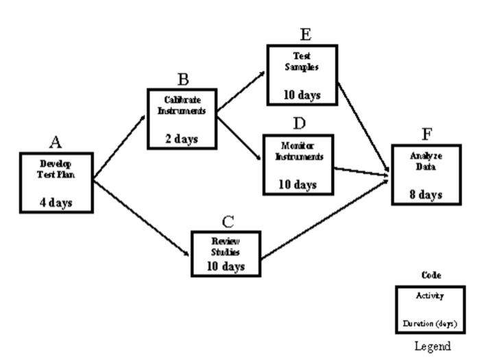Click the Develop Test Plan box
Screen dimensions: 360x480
pyautogui.click(x=56, y=182)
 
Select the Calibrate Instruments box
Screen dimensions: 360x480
pyautogui.click(x=182, y=119)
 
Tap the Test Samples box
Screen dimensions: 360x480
pyautogui.click(x=302, y=75)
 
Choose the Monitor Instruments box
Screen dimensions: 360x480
pyautogui.click(x=298, y=165)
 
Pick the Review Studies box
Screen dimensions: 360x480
pyautogui.click(x=226, y=253)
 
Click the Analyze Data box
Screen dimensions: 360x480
pyautogui.click(x=425, y=174)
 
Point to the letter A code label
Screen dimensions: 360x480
pyautogui.click(x=56, y=142)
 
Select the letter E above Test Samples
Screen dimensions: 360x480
pyautogui.click(x=305, y=34)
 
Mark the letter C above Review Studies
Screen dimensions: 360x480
pyautogui.click(x=228, y=221)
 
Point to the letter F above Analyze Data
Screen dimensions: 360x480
pyautogui.click(x=427, y=134)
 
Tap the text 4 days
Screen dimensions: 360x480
pyautogui.click(x=56, y=202)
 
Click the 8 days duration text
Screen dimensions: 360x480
pyautogui.click(x=426, y=195)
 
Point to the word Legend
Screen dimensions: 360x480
pyautogui.click(x=433, y=347)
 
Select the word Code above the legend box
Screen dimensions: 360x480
pyautogui.click(x=431, y=275)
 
